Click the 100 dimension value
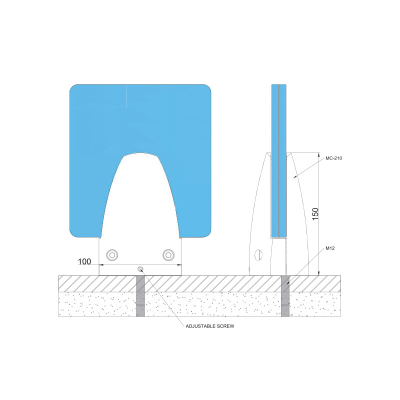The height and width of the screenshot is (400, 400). (x=84, y=261)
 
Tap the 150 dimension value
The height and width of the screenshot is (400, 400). (x=315, y=214)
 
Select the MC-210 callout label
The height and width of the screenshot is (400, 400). (x=333, y=158)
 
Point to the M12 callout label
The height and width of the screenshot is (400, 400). (x=330, y=248)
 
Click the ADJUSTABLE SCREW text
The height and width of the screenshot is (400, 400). (x=209, y=326)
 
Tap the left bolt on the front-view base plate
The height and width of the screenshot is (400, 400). (x=113, y=254)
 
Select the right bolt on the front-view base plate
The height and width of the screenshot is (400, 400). (x=168, y=254)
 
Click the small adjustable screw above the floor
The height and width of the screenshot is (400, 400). (x=140, y=268)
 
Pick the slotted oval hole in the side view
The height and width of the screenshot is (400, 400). (x=258, y=255)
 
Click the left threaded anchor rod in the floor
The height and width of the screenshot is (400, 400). (x=140, y=296)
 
